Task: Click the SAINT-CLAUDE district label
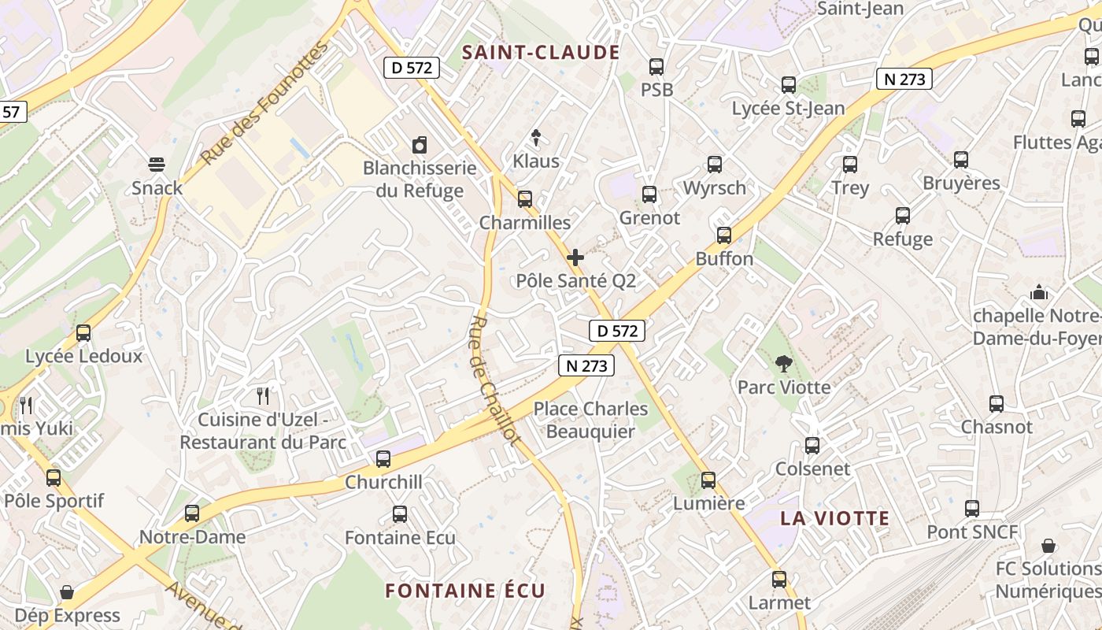point(541,53)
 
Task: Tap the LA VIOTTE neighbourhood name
point(834,518)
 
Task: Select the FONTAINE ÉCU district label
point(464,591)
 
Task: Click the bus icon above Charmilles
point(525,198)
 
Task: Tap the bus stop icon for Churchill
point(383,458)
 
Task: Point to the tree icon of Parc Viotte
point(783,364)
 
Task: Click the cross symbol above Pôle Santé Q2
point(575,258)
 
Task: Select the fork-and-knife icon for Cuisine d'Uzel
point(263,395)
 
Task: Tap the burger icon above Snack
point(157,165)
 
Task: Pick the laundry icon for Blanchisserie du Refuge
point(420,145)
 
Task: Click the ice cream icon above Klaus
point(536,139)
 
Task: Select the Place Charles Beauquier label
point(590,420)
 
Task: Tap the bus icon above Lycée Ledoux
point(83,332)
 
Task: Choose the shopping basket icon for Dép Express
point(67,592)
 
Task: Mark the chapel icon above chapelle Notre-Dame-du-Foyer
point(1039,293)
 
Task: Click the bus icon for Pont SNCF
point(972,509)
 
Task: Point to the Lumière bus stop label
point(708,503)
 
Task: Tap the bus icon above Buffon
point(724,235)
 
